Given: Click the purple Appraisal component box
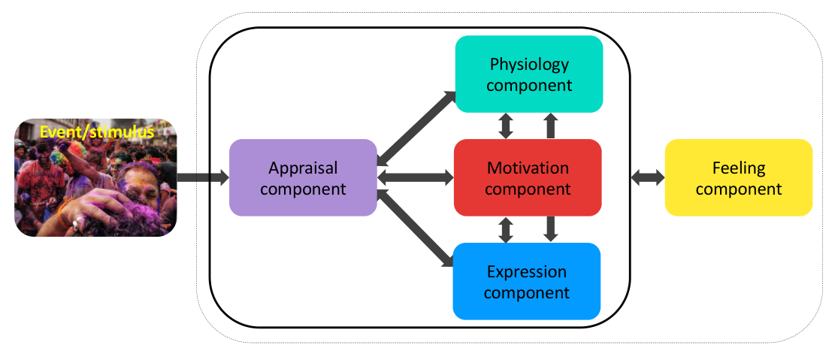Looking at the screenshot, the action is (303, 178).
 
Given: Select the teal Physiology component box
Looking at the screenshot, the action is (529, 74).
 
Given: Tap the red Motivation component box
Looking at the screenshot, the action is (528, 178).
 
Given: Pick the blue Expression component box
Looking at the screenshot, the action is (527, 282).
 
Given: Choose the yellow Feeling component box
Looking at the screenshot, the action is (739, 178).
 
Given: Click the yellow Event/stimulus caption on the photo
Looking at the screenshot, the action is (97, 132).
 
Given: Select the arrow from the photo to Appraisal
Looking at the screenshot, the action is (203, 178).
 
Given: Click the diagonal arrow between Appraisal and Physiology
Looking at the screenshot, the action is (416, 128).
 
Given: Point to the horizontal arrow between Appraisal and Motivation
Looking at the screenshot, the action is (416, 178).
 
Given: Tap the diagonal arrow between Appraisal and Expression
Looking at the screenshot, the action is (416, 228).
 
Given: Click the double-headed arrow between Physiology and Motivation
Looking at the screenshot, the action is (506, 126).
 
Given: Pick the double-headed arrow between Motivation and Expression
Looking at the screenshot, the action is (506, 230).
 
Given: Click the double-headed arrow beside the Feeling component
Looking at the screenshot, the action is (648, 178).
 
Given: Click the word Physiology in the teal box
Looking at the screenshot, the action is (529, 65).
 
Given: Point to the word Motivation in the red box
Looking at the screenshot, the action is (528, 168).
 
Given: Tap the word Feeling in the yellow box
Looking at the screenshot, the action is (739, 169).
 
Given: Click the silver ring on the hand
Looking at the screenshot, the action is (80, 222).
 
